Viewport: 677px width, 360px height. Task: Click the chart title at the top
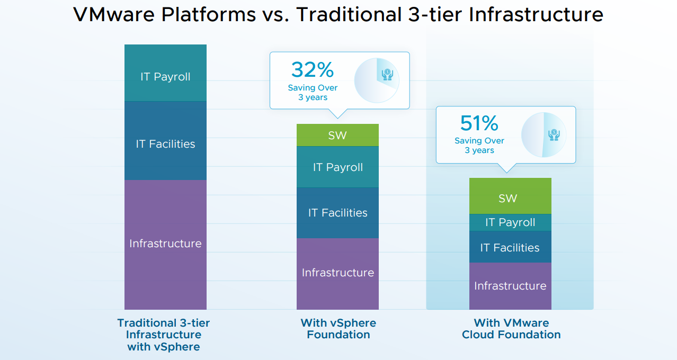338,14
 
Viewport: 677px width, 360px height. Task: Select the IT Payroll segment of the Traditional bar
165,73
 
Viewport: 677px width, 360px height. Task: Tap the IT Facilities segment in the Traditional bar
165,140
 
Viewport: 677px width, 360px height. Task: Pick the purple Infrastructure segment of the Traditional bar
165,245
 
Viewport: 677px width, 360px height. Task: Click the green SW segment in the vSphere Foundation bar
337,135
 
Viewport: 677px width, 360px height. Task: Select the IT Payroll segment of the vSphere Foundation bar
337,167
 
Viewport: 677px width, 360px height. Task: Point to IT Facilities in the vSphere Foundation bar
337,213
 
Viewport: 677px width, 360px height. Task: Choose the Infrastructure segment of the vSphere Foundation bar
337,274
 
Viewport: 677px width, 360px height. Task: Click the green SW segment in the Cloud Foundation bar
510,196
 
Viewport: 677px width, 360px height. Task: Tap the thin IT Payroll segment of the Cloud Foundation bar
510,222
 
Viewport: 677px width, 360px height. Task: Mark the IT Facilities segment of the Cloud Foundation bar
510,247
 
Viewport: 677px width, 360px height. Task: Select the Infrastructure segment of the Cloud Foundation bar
510,286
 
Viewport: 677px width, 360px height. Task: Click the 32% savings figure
313,70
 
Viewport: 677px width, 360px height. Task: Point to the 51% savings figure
479,123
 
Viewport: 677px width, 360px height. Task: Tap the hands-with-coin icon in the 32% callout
387,75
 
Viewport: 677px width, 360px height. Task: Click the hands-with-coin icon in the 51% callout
554,134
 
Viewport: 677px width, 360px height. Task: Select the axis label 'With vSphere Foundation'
338,329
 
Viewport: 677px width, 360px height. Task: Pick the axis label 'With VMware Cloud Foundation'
511,329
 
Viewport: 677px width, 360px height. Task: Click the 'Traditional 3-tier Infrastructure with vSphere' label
164,335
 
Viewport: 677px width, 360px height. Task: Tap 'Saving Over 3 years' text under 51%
479,145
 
